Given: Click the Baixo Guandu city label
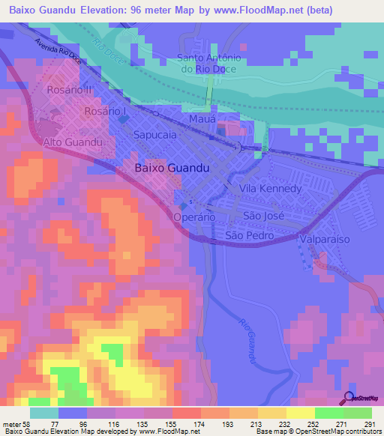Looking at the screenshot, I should point(171,169).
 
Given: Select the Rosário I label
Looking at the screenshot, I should point(106,111).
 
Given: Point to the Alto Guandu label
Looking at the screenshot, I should point(72,142).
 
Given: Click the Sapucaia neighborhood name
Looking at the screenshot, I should point(154,136).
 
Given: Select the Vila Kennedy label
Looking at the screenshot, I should point(270,188).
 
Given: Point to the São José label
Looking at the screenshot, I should point(262,215).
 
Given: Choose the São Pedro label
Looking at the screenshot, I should point(250,235).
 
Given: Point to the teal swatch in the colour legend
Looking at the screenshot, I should point(43,413).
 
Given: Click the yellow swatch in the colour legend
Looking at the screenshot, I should point(300,413).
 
